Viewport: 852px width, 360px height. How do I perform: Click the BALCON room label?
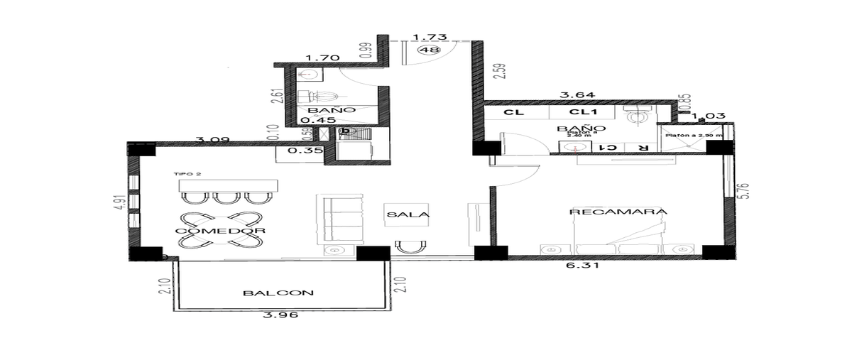point(278,293)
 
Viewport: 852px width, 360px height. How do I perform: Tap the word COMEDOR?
point(210,231)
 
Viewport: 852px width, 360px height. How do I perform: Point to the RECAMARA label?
point(618,212)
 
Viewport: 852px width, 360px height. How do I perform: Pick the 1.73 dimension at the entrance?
point(424,37)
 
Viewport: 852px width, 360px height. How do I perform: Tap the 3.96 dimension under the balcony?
point(278,317)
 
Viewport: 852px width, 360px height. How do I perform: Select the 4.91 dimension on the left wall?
point(120,202)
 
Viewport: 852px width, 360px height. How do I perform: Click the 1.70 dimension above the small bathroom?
point(317,58)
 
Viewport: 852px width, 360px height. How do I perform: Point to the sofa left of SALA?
point(343,219)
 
